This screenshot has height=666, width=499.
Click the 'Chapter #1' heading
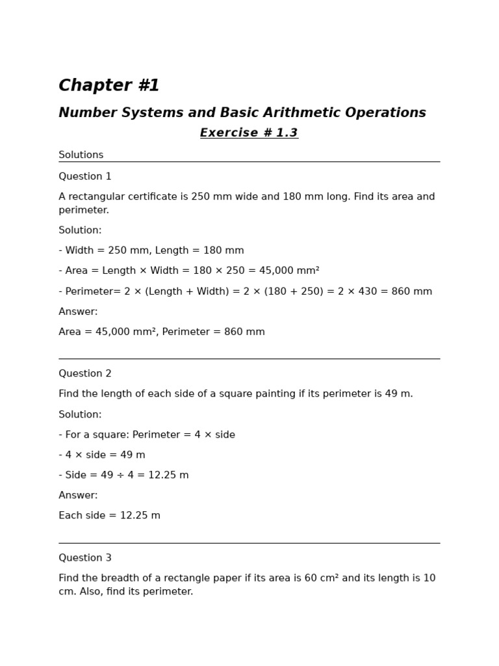109,86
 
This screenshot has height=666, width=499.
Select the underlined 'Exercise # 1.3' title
249,133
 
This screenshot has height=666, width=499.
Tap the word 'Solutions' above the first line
81,155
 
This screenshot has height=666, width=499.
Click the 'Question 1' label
84,176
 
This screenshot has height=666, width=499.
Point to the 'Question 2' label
84,373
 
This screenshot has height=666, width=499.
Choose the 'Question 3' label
84,557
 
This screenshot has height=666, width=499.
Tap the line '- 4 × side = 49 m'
102,455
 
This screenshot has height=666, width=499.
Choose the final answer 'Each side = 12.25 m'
109,515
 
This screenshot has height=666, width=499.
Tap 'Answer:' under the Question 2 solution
78,495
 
